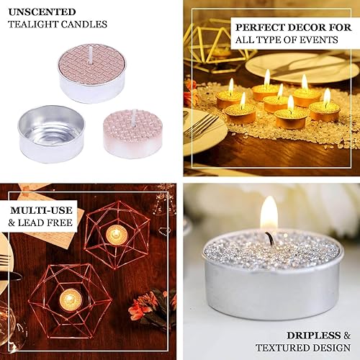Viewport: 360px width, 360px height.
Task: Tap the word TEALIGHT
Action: coord(31,24)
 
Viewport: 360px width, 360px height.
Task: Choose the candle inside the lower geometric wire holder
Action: coord(70,299)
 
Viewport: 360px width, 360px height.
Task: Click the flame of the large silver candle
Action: coord(269,213)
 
